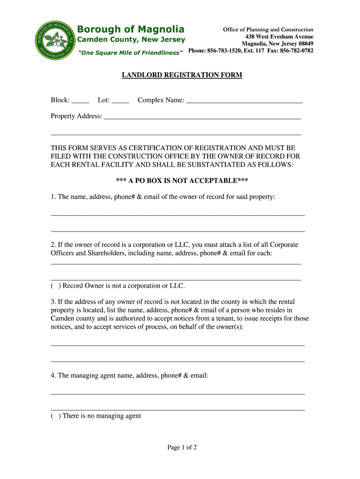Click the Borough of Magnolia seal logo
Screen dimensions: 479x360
(53, 40)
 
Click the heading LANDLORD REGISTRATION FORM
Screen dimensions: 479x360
(182, 75)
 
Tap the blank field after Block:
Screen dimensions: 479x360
(80, 100)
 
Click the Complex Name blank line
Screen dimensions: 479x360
(244, 100)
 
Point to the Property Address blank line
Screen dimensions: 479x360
(202, 116)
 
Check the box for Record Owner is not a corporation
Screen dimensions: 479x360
(56, 286)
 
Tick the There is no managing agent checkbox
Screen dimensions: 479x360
(56, 416)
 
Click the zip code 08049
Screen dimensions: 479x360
(304, 44)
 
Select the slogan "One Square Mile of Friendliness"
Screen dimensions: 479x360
(130, 53)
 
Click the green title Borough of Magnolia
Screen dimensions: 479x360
(130, 29)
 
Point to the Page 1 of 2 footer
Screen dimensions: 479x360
(182, 448)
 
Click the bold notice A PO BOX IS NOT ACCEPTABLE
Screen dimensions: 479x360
(182, 181)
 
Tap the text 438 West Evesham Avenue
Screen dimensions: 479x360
(280, 36)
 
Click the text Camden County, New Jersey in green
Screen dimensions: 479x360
(131, 40)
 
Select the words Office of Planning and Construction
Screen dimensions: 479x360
(268, 29)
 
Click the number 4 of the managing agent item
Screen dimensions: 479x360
(53, 375)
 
